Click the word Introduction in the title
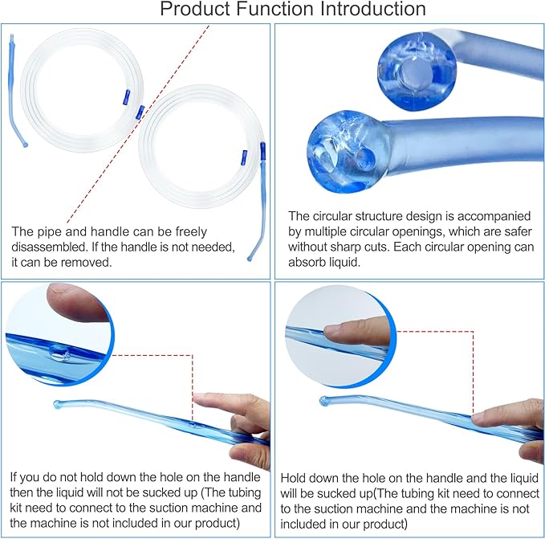[x=366, y=10]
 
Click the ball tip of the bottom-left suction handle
[x=58, y=404]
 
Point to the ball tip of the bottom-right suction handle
[x=323, y=400]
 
